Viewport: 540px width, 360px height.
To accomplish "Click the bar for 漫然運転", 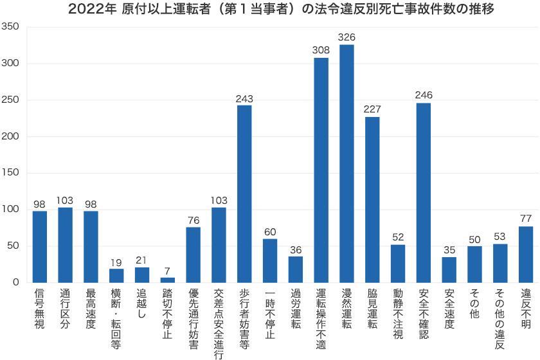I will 346,163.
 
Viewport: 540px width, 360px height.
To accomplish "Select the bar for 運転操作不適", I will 321,170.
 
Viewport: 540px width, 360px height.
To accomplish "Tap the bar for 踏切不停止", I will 168,280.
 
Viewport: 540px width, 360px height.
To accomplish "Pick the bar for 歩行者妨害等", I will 244,194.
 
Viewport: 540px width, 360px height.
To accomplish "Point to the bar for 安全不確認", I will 424,192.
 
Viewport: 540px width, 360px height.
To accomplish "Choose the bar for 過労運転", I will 296,269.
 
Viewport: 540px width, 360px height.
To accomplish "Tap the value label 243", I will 244,98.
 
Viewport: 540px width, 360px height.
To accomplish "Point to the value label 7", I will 168,271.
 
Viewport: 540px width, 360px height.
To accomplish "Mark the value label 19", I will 116,262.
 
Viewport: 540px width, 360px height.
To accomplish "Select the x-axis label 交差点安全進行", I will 219,323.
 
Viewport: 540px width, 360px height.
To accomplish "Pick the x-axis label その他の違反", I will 500,319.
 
